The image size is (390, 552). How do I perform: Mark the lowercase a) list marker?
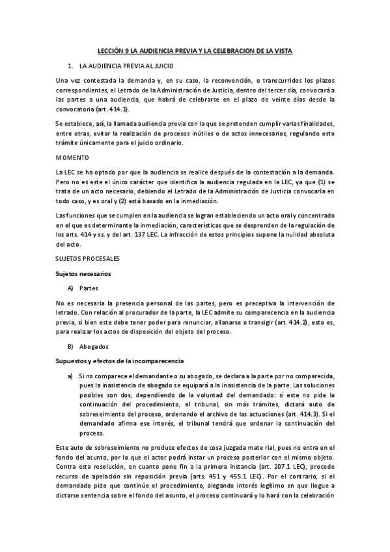tap(70, 376)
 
